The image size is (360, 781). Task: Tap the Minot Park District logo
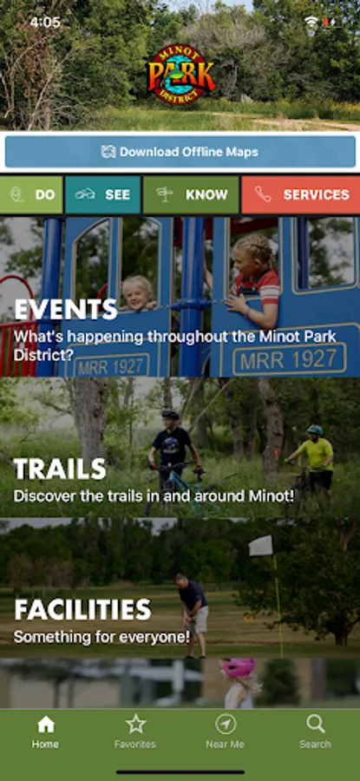tap(180, 74)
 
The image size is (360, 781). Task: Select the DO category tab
tap(31, 194)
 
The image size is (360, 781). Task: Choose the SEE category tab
tap(102, 194)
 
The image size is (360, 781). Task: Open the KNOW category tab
tap(191, 194)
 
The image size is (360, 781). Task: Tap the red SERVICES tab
tap(301, 194)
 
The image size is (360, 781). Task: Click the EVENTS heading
tap(65, 309)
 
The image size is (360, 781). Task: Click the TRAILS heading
tap(60, 469)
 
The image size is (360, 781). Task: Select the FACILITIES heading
tap(82, 610)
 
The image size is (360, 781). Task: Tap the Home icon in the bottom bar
tap(45, 725)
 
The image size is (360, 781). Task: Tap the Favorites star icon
tap(135, 725)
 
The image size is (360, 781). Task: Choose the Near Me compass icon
tap(225, 725)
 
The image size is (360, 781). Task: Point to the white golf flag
tap(261, 546)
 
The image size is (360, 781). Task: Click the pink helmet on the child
tap(239, 667)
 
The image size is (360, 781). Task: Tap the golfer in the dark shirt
tap(193, 614)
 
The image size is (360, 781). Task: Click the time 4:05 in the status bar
tap(45, 23)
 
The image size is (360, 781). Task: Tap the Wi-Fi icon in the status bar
tap(311, 22)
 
